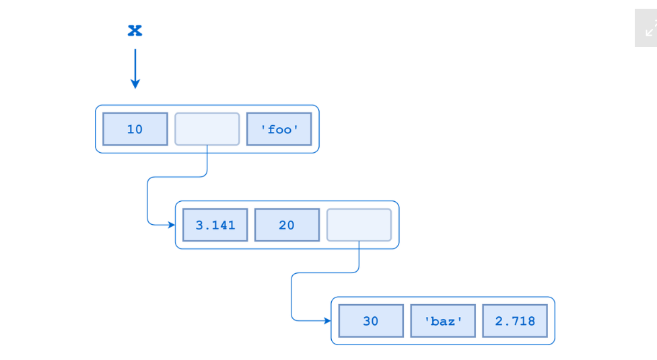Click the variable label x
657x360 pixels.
tap(135, 30)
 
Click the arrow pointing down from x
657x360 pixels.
tap(135, 67)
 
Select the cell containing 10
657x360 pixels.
tap(135, 129)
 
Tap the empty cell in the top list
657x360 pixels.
tap(207, 129)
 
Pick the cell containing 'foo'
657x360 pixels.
tap(279, 129)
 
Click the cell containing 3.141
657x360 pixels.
tap(215, 225)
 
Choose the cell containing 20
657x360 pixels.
tap(287, 225)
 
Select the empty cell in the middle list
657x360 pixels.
tap(359, 225)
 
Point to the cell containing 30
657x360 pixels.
tap(371, 321)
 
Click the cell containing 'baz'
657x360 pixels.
tap(443, 321)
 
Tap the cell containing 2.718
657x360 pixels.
tap(515, 321)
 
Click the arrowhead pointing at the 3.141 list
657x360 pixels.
tap(171, 225)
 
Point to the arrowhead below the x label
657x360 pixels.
tap(135, 84)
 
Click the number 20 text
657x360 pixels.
tap(287, 225)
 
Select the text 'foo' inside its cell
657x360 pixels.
tap(279, 129)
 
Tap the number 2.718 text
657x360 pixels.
tap(515, 321)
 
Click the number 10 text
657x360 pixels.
tap(135, 129)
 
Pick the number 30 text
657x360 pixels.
tap(371, 321)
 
